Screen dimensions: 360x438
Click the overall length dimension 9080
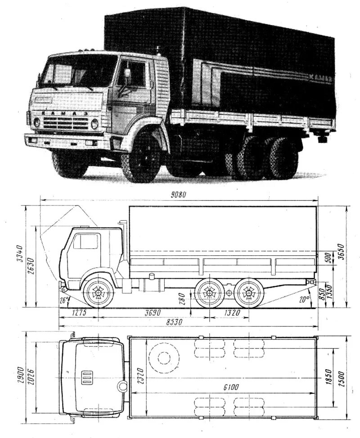178,195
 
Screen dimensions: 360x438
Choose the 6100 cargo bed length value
230,387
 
